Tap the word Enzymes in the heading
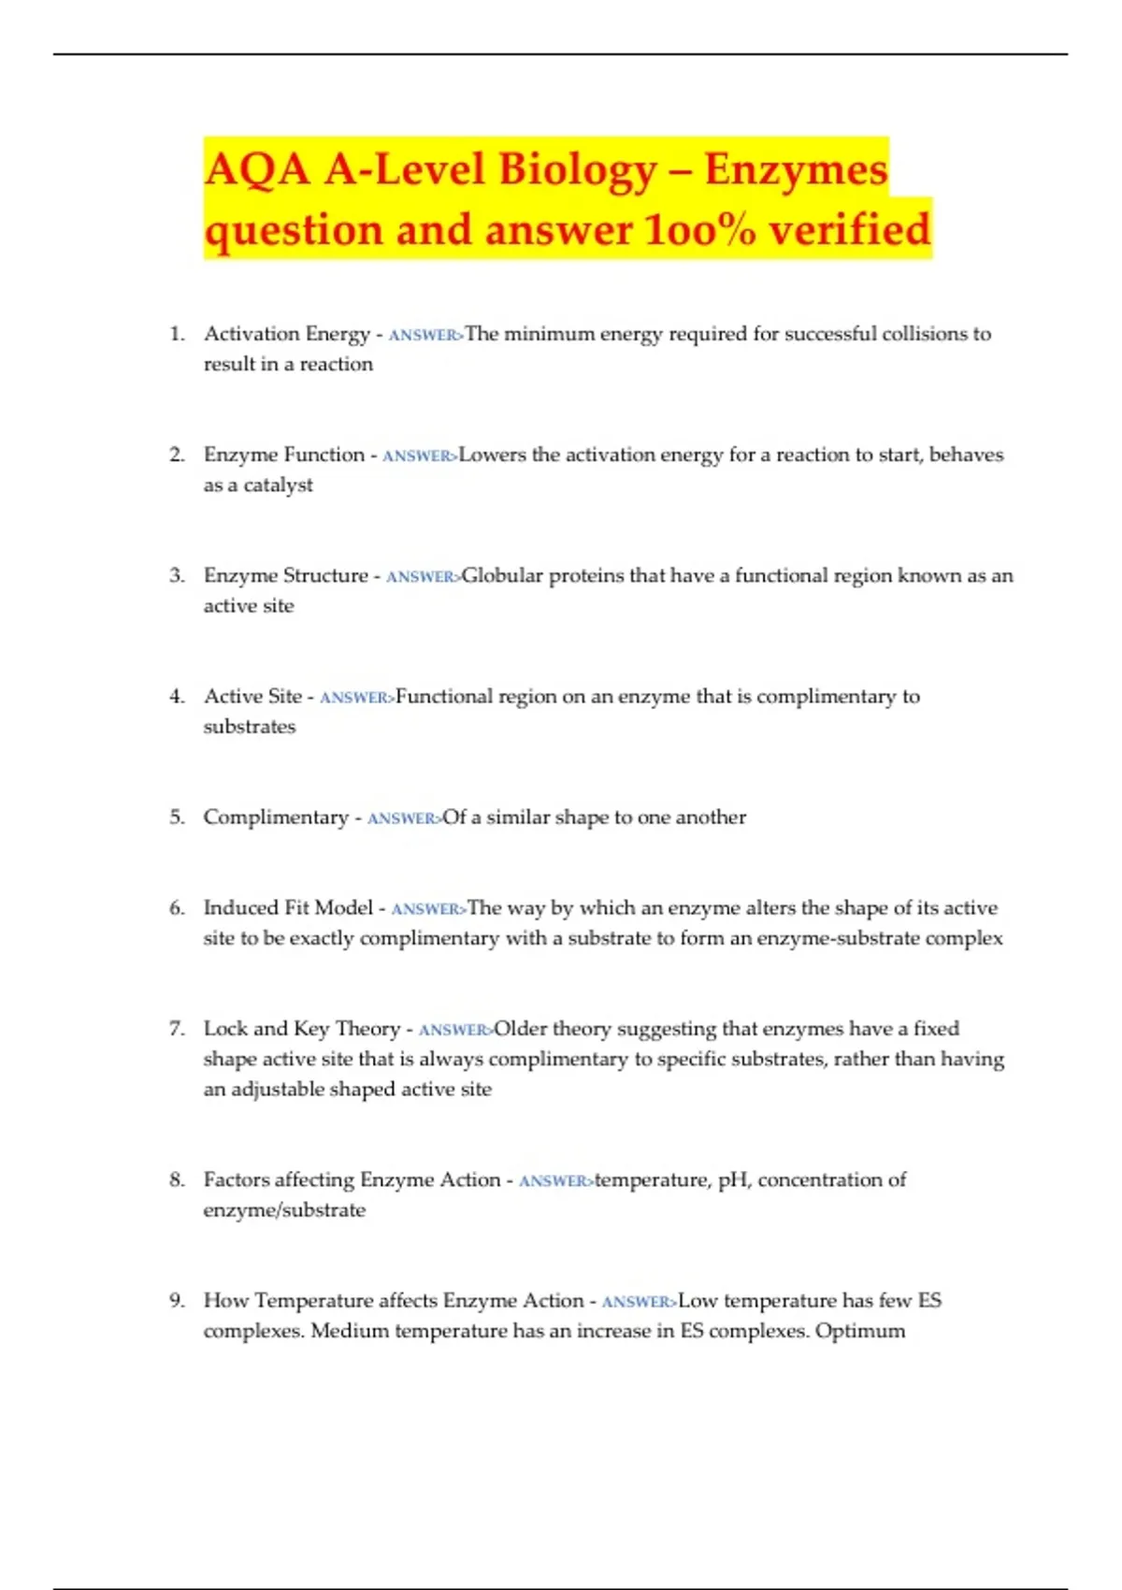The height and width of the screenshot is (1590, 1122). pyautogui.click(x=796, y=169)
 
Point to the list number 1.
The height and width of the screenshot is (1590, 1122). pyautogui.click(x=177, y=334)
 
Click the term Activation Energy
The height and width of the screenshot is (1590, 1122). pyautogui.click(x=287, y=334)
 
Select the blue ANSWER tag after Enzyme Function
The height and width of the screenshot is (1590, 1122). pyautogui.click(x=420, y=456)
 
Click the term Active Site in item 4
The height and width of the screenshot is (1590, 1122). pyautogui.click(x=252, y=696)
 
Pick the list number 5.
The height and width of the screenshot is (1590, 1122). pyautogui.click(x=177, y=817)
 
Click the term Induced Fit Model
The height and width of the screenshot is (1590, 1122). pyautogui.click(x=288, y=907)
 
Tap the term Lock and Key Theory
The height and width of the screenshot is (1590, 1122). pyautogui.click(x=301, y=1029)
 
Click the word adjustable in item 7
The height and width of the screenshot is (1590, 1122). pyautogui.click(x=280, y=1090)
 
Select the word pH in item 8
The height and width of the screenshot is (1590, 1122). pyautogui.click(x=733, y=1180)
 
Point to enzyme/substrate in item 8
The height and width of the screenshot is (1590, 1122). pyautogui.click(x=284, y=1210)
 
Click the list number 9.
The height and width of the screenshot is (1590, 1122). pyautogui.click(x=177, y=1301)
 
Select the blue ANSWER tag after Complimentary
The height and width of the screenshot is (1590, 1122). pyautogui.click(x=404, y=818)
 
